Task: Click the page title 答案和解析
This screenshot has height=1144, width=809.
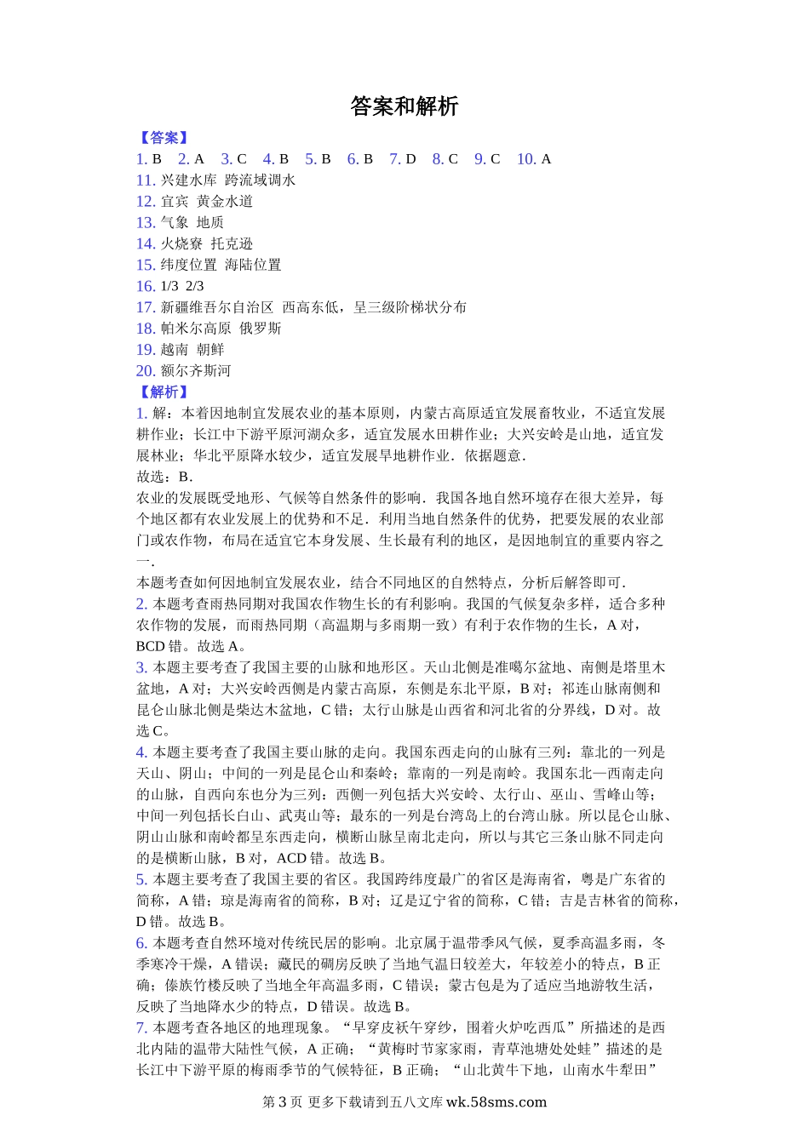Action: click(404, 106)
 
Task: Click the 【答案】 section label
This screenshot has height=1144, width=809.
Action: click(164, 138)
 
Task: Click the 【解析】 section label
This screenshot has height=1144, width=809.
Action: click(164, 392)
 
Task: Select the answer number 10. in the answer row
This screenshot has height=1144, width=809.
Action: click(526, 159)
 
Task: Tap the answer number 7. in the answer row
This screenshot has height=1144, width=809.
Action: click(395, 159)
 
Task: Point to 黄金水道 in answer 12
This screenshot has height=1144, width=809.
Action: click(225, 202)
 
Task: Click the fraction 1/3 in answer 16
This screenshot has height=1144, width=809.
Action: click(169, 286)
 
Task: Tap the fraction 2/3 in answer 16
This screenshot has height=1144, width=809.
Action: click(195, 286)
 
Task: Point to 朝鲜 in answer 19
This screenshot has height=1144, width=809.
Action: click(210, 350)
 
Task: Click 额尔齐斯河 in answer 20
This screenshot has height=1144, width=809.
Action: click(196, 371)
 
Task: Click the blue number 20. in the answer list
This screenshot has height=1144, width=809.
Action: click(146, 371)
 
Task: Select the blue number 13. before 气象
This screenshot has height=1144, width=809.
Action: click(146, 223)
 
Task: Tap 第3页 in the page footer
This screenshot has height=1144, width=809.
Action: click(282, 1101)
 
